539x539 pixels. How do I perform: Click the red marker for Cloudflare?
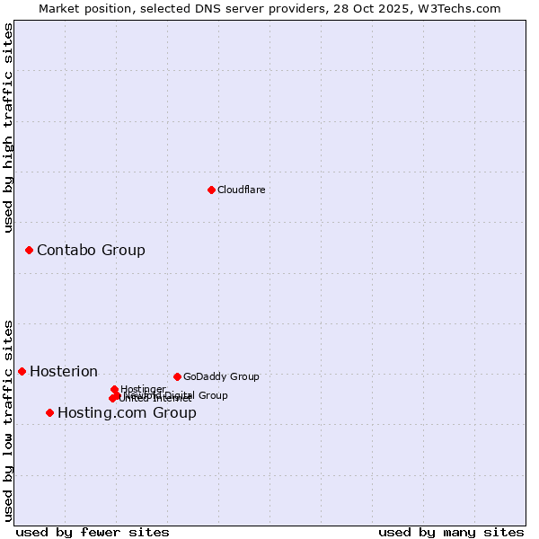coord(211,190)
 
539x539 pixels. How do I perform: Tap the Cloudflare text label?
coord(241,190)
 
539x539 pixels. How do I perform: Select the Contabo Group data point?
coord(29,250)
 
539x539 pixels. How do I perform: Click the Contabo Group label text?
coord(91,250)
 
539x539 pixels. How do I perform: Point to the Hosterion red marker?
coord(22,371)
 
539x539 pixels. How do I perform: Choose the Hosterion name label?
coord(64,371)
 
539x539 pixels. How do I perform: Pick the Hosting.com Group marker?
coord(49,412)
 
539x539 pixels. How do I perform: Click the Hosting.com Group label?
coord(127,412)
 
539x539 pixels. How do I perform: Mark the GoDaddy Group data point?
coord(177,376)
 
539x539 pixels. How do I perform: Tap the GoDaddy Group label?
coord(221,376)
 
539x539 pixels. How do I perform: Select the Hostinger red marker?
coord(114,389)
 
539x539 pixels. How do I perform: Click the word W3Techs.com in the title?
coord(462,8)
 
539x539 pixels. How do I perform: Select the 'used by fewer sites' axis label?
coord(93,532)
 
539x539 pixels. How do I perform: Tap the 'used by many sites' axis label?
coord(451,532)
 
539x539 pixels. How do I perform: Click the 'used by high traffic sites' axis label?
coord(8,128)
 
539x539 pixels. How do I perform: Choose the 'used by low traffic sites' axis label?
coord(8,420)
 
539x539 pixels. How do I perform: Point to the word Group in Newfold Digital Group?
coord(213,395)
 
